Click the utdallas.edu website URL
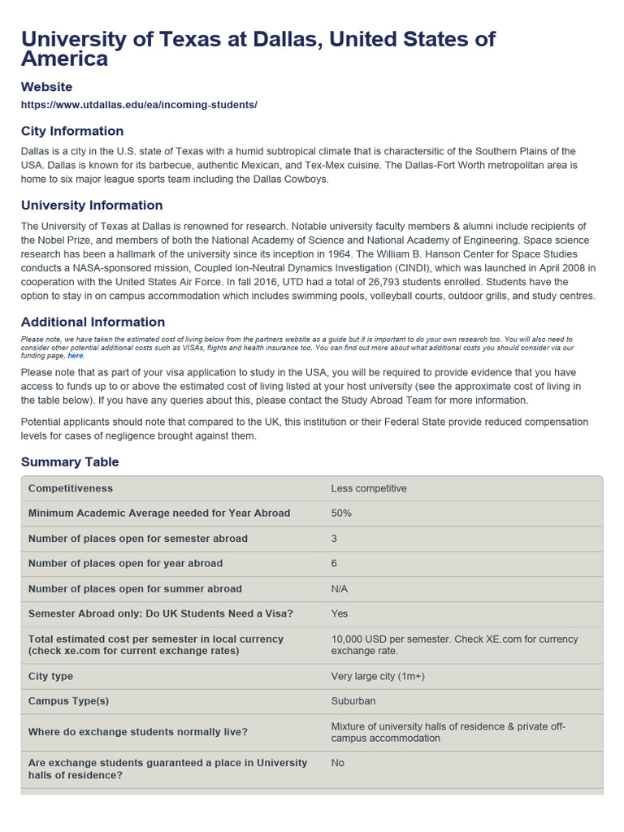pos(139,105)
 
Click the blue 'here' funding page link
pos(76,356)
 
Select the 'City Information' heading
pos(72,131)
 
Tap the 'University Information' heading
pos(92,206)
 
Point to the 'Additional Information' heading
pos(93,322)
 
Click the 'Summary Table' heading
pos(70,461)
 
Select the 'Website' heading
pos(46,86)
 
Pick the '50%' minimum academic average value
pos(341,513)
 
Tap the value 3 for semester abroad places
pos(335,539)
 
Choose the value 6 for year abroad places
pos(335,564)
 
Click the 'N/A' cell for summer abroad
pos(340,589)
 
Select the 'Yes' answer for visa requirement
pos(340,614)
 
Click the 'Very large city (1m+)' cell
pos(378,676)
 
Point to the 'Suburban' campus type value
pos(353,701)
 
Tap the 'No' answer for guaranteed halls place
pos(338,764)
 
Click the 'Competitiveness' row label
pos(71,488)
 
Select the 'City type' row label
pos(50,676)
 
